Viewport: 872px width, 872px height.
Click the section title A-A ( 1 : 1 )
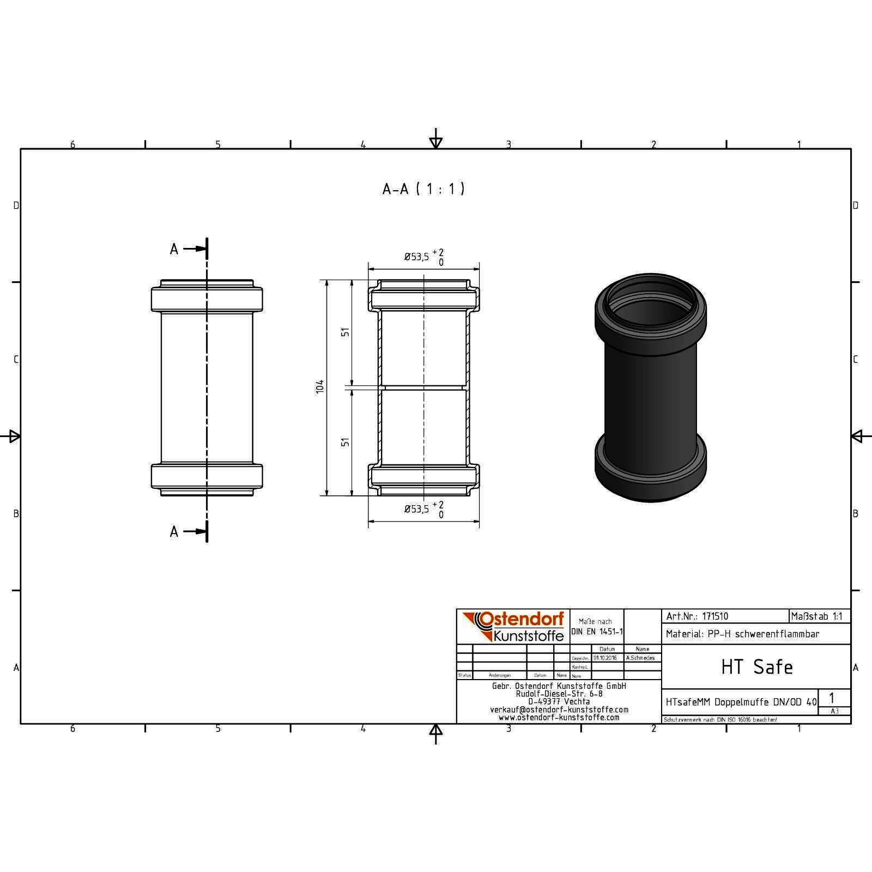coord(423,189)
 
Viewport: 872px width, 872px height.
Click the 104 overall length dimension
coord(320,386)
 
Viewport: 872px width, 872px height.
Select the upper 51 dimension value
coord(345,331)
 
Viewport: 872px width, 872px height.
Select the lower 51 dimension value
coord(345,442)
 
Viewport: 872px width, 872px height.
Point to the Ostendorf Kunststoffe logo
coord(513,626)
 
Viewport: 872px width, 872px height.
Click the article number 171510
coord(714,616)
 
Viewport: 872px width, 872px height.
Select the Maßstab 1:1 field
coord(816,616)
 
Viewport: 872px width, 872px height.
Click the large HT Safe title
coord(756,667)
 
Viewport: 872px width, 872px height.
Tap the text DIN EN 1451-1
coord(596,632)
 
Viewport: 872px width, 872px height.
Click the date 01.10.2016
coord(605,658)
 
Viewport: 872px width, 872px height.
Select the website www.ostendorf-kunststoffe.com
coord(559,718)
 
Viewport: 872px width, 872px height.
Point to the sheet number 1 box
coord(832,698)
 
